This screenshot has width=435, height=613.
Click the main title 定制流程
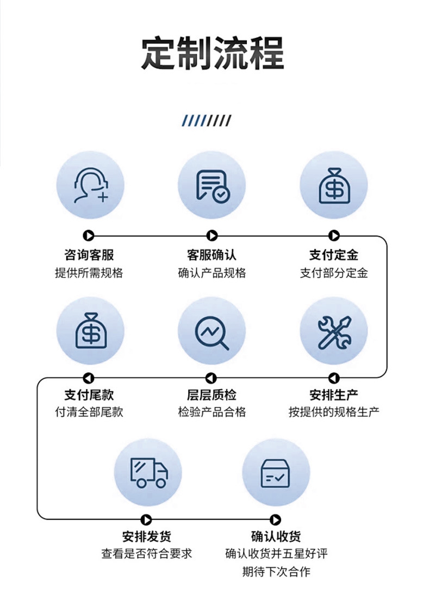213,53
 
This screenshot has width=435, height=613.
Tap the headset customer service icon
90,185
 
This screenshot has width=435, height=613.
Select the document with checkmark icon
212,185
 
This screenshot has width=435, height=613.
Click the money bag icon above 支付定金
334,185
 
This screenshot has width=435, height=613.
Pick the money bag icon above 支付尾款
90,331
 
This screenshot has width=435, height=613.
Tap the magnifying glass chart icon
212,331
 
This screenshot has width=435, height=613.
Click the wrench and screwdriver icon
334,331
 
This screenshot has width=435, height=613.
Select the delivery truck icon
148,472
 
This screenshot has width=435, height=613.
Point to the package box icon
276,472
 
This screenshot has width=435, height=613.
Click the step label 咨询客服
89,255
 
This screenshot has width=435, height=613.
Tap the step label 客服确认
212,255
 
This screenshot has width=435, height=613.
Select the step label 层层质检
212,395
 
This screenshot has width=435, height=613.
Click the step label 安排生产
334,395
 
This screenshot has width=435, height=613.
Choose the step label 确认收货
276,536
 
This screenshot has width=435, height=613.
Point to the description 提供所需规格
89,273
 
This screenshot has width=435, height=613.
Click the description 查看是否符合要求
147,554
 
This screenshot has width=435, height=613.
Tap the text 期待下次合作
276,572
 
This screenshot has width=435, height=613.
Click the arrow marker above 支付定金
334,235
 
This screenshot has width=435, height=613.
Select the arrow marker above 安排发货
146,520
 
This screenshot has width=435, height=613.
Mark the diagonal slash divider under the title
207,121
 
